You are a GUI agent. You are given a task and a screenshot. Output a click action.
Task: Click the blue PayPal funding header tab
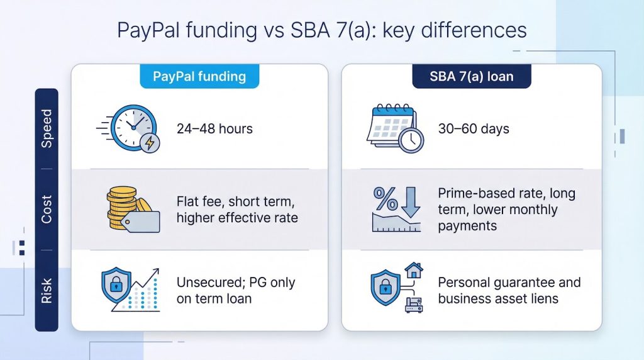pyautogui.click(x=199, y=76)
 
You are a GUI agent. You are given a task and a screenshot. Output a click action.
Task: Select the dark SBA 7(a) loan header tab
pyautogui.click(x=472, y=76)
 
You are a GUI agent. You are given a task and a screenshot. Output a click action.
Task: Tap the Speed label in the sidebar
pyautogui.click(x=47, y=128)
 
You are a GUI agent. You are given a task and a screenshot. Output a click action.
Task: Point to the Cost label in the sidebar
pyautogui.click(x=47, y=209)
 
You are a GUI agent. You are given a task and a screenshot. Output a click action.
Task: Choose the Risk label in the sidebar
pyautogui.click(x=47, y=291)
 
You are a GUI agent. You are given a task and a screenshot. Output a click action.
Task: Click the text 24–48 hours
pyautogui.click(x=214, y=128)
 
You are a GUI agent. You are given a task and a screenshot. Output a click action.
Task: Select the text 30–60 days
pyautogui.click(x=474, y=128)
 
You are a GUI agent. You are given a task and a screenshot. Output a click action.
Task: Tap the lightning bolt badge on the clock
pyautogui.click(x=150, y=143)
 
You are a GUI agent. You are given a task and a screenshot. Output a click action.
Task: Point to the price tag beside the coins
pyautogui.click(x=140, y=222)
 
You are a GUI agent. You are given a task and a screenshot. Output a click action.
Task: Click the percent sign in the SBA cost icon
pyautogui.click(x=386, y=198)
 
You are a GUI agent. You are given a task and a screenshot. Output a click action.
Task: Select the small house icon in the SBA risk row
pyautogui.click(x=414, y=271)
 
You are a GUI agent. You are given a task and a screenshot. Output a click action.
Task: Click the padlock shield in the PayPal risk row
pyautogui.click(x=116, y=285)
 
